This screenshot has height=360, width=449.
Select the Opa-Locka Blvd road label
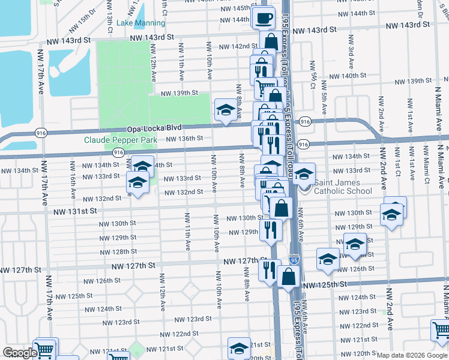[x=154, y=129]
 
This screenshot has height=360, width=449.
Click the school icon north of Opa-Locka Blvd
[x=226, y=110]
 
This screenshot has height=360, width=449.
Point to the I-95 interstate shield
[x=292, y=260]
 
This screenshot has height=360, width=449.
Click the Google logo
[x=20, y=352]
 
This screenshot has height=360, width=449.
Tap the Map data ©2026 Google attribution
[x=411, y=355]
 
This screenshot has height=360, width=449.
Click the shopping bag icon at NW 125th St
[x=289, y=277]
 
